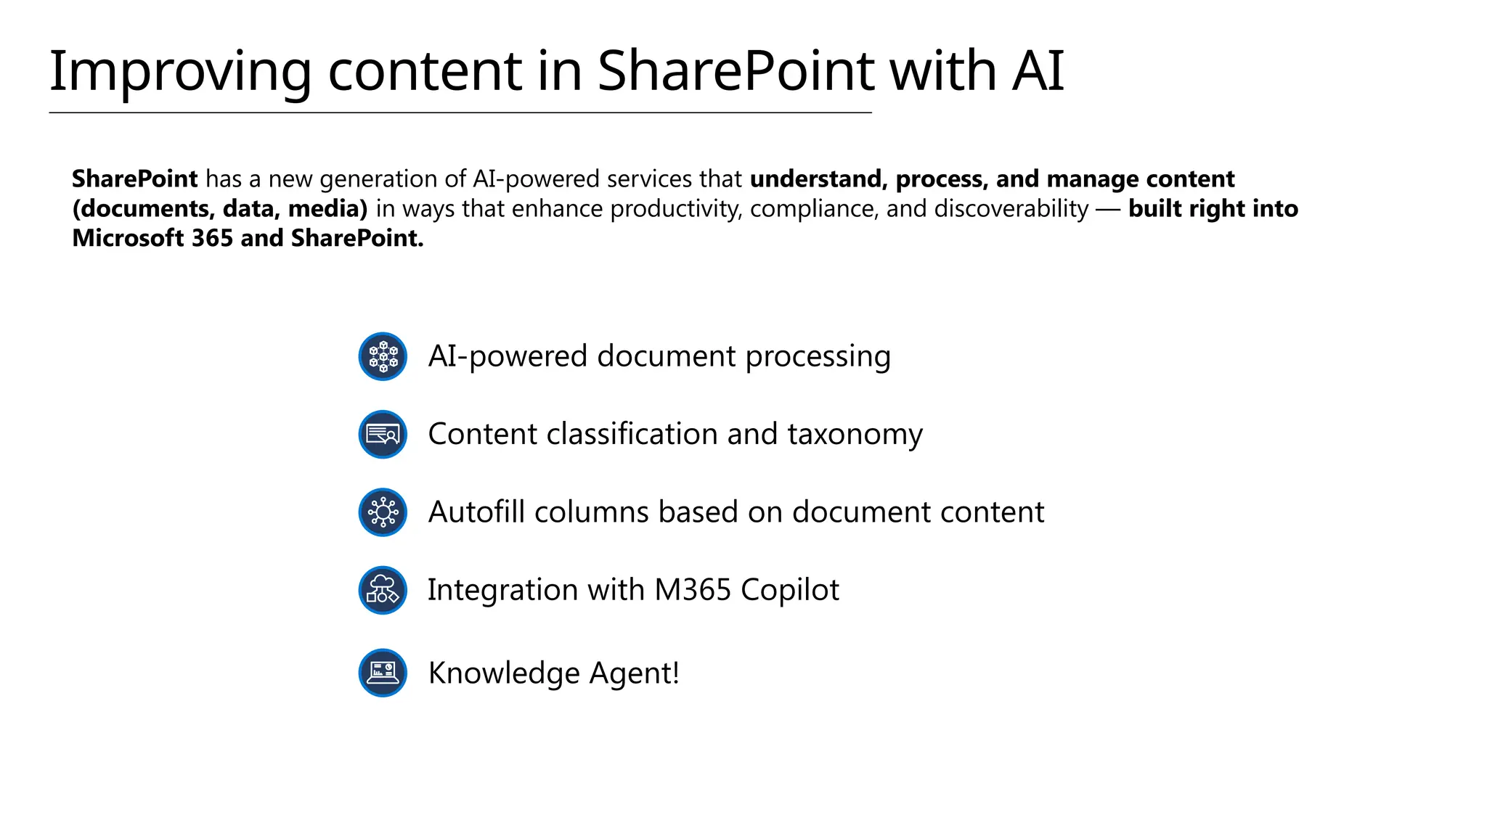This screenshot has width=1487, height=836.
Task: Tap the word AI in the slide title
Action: (1038, 71)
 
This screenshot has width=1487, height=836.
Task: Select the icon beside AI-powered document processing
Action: (383, 356)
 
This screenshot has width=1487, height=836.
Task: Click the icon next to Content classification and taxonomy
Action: (383, 435)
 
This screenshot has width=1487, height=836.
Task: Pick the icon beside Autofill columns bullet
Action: (383, 512)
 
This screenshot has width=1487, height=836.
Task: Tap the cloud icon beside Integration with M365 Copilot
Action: (383, 590)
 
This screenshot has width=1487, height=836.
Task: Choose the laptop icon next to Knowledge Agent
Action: (383, 673)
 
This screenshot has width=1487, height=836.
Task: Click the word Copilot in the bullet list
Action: (790, 590)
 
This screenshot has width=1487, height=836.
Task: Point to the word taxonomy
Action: (855, 435)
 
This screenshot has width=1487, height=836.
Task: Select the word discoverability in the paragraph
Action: (1011, 209)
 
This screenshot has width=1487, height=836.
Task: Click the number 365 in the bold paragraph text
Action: (212, 238)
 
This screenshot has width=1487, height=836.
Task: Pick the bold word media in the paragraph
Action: (327, 209)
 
